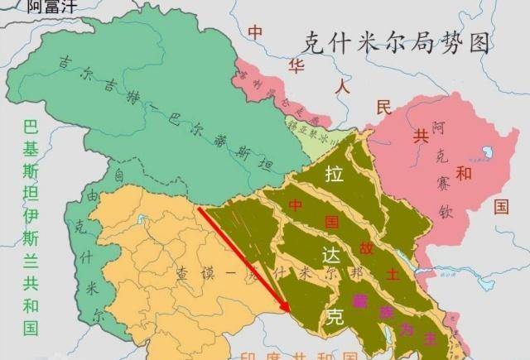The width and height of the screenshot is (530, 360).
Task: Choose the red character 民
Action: (383, 108)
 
